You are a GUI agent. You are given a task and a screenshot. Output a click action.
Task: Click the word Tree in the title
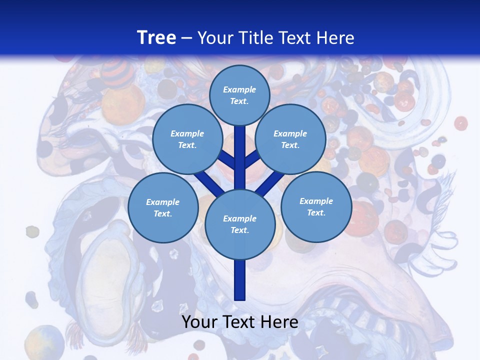[156, 37]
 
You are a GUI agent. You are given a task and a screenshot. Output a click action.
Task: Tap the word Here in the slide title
[335, 38]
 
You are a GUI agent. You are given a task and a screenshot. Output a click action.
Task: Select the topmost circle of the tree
[239, 95]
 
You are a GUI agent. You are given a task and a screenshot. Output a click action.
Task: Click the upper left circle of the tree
[187, 139]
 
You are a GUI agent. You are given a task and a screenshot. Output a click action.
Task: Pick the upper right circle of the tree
[290, 139]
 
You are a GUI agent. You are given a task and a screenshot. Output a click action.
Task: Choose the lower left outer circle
[163, 207]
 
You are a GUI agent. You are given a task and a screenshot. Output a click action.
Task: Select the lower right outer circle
[316, 206]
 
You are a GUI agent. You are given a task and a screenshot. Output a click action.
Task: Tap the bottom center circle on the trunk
[240, 224]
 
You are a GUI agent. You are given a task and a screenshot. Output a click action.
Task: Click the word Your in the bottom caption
[199, 321]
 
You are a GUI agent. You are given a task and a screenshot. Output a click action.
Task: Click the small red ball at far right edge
[460, 123]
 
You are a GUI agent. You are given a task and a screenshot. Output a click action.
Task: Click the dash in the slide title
[186, 38]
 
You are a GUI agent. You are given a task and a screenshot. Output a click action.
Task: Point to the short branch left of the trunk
[227, 160]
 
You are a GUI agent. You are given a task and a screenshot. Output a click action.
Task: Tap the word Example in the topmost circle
[239, 89]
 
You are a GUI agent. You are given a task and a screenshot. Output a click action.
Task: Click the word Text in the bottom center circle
[239, 230]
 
